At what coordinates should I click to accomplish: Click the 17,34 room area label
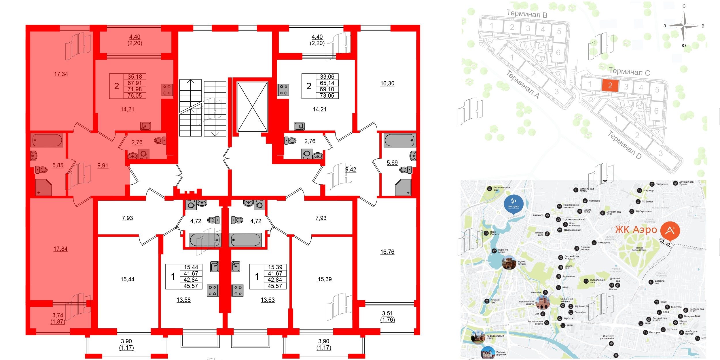[61, 74]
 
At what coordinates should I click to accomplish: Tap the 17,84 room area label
[60, 249]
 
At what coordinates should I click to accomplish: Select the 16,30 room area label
[387, 84]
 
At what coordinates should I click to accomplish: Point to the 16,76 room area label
[387, 252]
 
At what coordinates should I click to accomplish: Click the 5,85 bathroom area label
[58, 165]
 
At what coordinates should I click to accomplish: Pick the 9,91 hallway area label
[103, 166]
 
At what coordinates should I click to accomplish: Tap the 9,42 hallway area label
[351, 170]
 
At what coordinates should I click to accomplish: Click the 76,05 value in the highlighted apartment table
[135, 96]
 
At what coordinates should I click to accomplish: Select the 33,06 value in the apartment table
[327, 77]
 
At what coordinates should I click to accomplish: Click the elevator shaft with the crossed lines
[252, 107]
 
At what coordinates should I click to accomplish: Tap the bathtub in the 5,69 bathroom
[399, 140]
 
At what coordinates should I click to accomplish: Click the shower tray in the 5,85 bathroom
[43, 187]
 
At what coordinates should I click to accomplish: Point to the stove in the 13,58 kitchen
[213, 290]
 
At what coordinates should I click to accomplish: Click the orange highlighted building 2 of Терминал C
[610, 86]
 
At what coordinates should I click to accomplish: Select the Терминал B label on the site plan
[527, 14]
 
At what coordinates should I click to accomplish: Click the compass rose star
[684, 26]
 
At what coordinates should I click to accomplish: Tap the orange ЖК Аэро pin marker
[670, 231]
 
